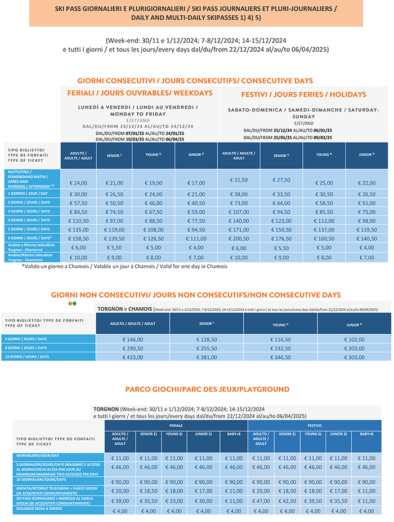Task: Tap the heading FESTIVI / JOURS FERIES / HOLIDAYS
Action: (303, 94)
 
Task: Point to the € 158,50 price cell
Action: (78, 238)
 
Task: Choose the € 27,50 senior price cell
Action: (281, 180)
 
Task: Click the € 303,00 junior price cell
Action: (353, 357)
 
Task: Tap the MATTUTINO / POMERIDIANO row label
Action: (32, 180)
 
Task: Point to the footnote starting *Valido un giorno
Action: (124, 266)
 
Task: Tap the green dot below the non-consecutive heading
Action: (74, 303)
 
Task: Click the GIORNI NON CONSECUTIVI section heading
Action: (196, 295)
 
